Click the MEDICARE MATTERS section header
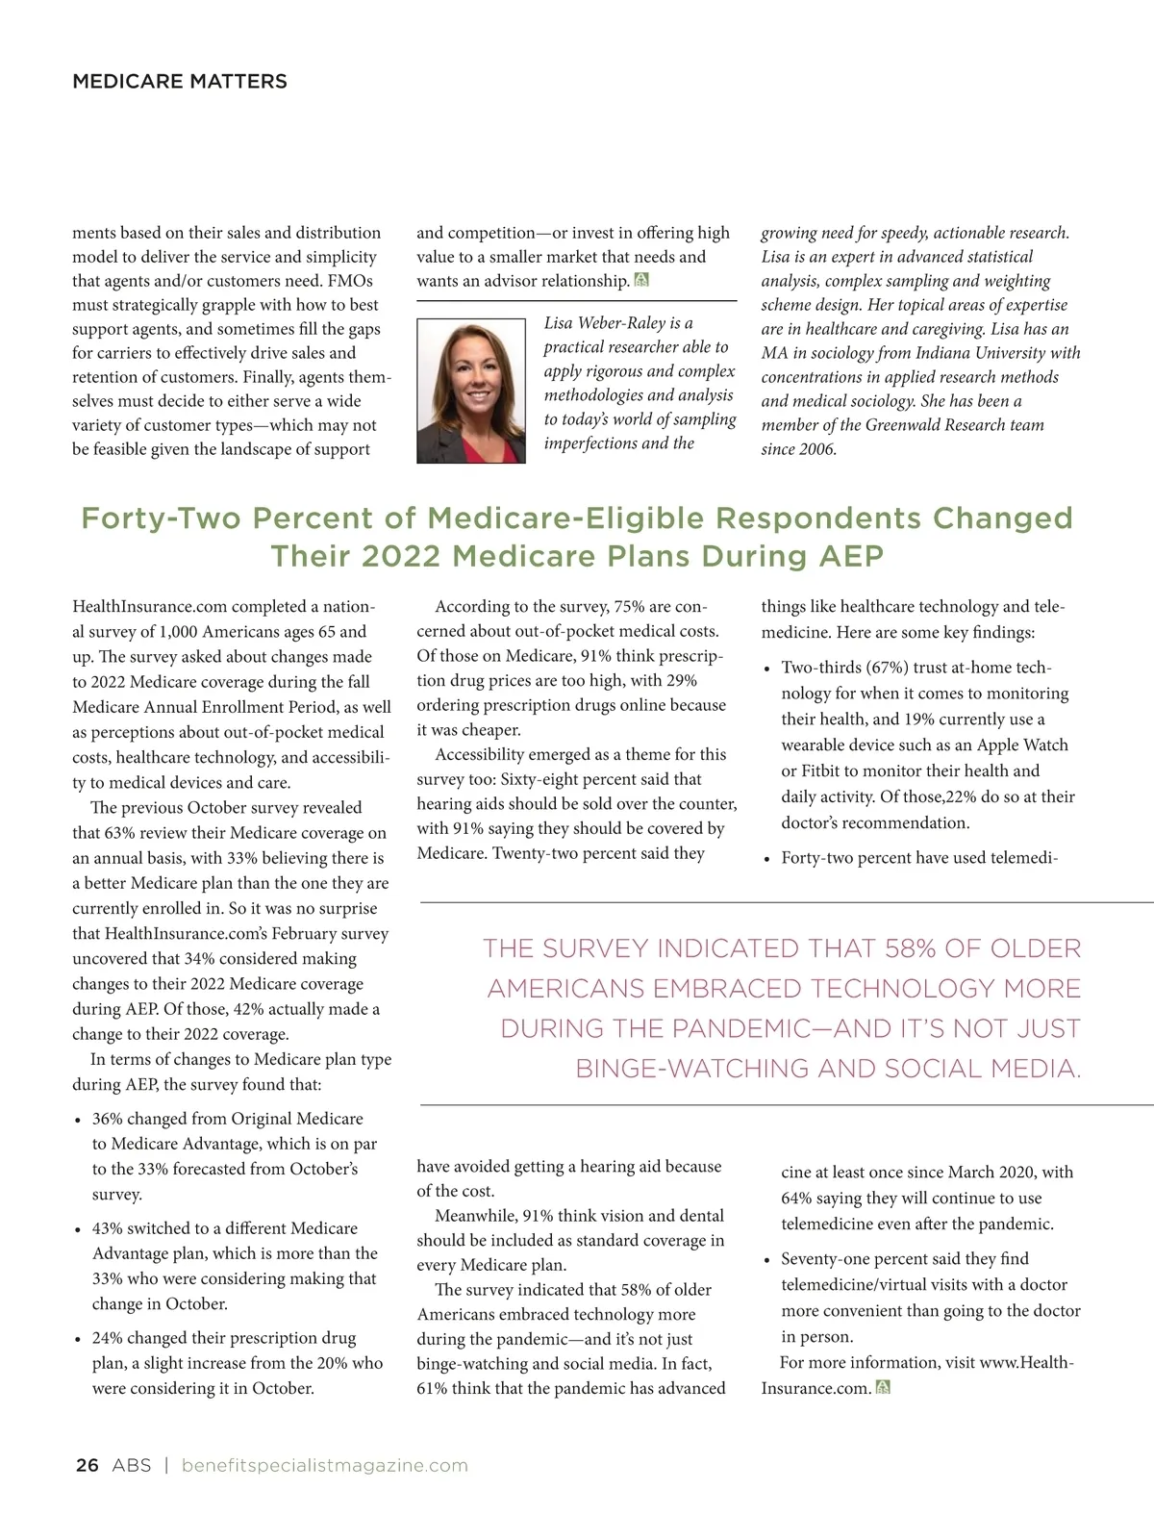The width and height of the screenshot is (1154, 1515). point(180,82)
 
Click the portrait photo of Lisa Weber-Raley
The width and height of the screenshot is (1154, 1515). point(471,391)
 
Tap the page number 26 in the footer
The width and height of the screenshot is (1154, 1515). point(87,1466)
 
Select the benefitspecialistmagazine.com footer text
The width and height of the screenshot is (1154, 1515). point(324,1466)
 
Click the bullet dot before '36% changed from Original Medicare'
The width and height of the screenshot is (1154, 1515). point(78,1121)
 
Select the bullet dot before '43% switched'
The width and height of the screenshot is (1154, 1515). point(78,1230)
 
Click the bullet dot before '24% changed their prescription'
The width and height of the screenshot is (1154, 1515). point(78,1340)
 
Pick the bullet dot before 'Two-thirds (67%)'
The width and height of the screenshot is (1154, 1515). point(766,669)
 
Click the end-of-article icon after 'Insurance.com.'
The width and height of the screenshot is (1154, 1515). point(884,1387)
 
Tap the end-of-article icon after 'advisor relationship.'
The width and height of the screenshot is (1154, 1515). point(642,280)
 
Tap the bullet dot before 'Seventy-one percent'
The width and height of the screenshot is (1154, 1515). point(766,1260)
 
